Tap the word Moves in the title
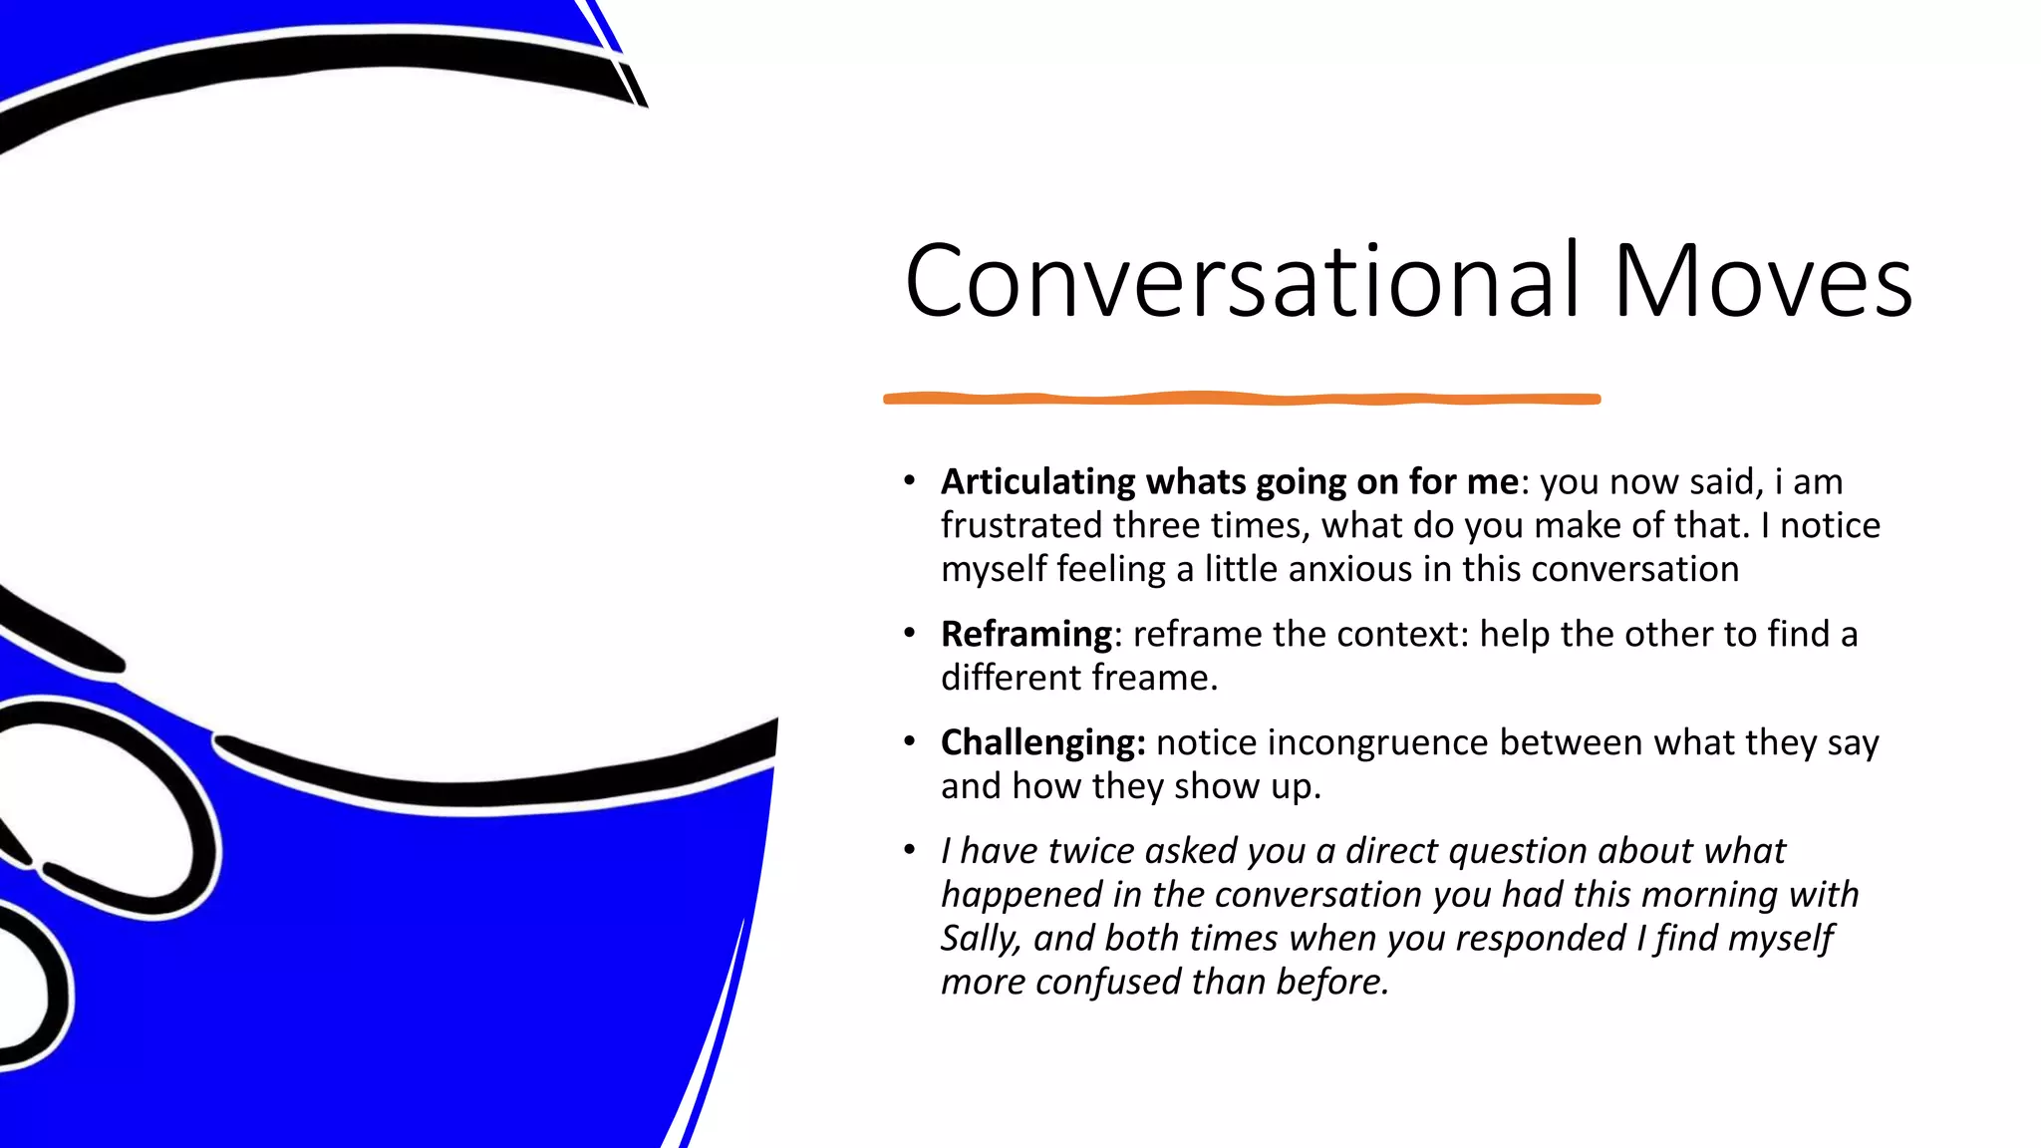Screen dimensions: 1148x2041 1762,282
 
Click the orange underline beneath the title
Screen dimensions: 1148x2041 1242,399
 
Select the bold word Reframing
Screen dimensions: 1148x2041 1026,634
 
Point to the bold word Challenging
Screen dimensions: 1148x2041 1042,742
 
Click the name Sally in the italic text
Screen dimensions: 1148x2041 980,939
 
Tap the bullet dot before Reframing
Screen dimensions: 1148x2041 909,633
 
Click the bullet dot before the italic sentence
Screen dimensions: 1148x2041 909,850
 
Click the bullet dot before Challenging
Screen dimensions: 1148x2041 909,741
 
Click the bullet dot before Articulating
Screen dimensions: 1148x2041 909,480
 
